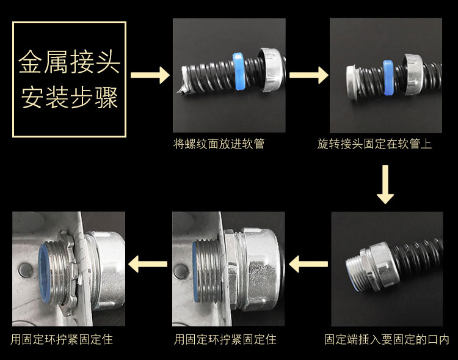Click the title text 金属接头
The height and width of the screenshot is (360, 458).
[x=69, y=62]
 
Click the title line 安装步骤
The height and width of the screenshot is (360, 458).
[x=70, y=97]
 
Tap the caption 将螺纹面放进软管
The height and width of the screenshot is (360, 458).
[x=219, y=144]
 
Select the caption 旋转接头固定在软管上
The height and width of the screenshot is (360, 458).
[x=374, y=144]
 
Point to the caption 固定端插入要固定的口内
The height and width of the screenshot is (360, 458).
[x=387, y=339]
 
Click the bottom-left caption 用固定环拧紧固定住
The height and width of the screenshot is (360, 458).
[x=62, y=340]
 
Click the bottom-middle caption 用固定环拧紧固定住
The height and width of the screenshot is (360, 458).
[x=225, y=340]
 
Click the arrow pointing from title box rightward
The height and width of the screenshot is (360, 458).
[x=150, y=75]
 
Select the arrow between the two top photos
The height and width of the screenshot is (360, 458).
[x=309, y=75]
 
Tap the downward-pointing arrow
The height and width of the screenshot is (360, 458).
[x=385, y=184]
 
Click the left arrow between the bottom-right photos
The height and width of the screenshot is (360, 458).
[x=308, y=264]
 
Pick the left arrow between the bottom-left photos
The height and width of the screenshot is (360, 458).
[x=148, y=264]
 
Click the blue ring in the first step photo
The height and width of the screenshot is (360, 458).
[x=239, y=71]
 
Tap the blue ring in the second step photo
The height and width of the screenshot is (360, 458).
[x=388, y=78]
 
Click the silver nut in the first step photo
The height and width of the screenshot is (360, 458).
[x=271, y=70]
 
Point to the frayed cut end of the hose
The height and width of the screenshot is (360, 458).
[x=184, y=79]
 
